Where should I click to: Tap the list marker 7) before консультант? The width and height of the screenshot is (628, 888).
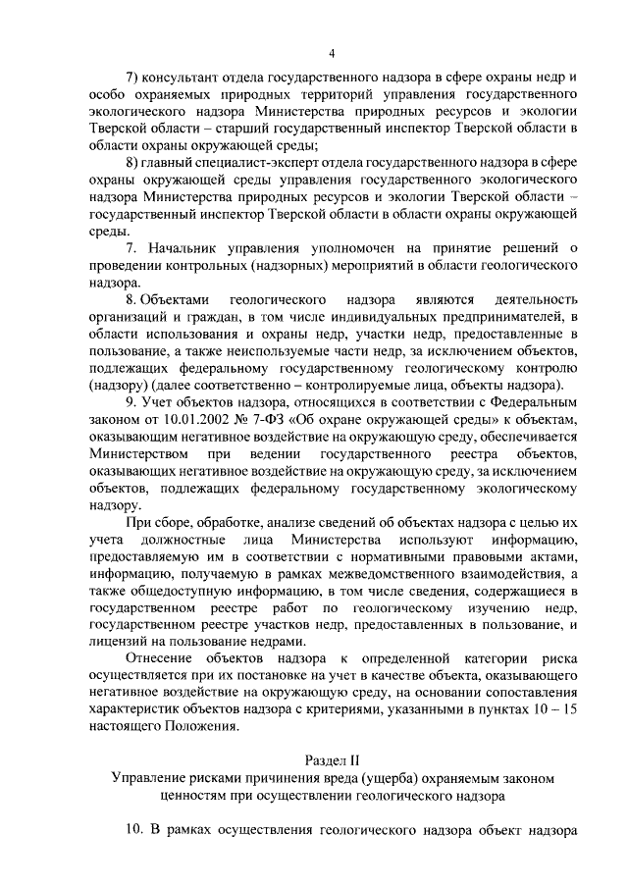click(x=133, y=77)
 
